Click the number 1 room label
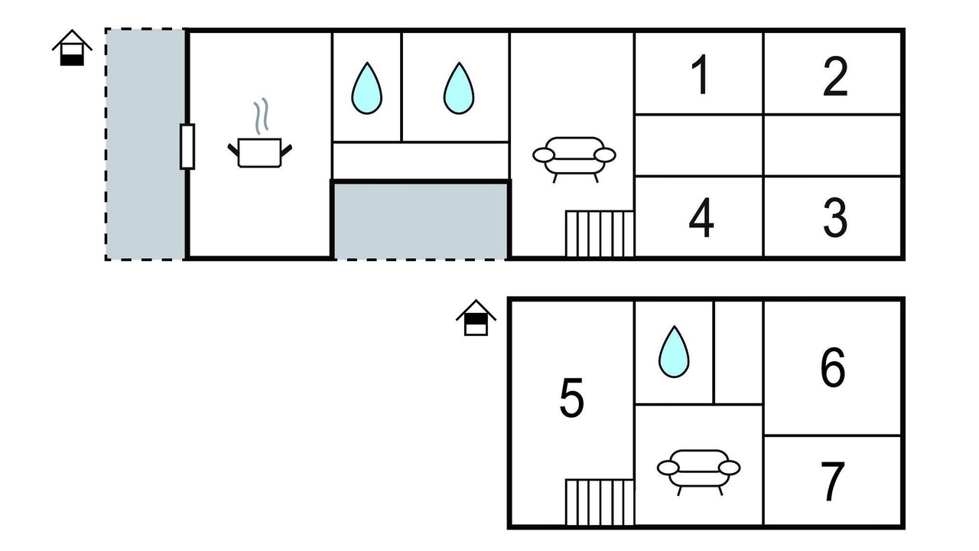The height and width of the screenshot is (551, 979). point(701,74)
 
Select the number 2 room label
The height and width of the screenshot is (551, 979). point(835,76)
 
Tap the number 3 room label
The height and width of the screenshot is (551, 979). point(835,217)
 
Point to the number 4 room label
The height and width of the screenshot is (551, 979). point(701,217)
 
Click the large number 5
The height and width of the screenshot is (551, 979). point(571,398)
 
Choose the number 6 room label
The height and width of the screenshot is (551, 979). point(833,367)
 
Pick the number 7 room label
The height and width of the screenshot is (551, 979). point(833,481)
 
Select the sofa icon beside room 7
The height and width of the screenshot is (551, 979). point(698,472)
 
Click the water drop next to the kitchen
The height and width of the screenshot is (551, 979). point(366,88)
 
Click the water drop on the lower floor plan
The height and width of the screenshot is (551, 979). point(674,351)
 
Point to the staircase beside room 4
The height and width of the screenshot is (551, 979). point(599,234)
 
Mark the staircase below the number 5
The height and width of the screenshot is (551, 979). point(599,503)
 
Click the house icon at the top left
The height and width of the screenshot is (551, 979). point(72,47)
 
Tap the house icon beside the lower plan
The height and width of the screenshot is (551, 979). point(476,318)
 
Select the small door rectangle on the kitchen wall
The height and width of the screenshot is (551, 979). point(187,146)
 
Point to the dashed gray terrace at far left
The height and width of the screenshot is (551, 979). point(145,145)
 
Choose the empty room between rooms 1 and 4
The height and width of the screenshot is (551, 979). point(699,145)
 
